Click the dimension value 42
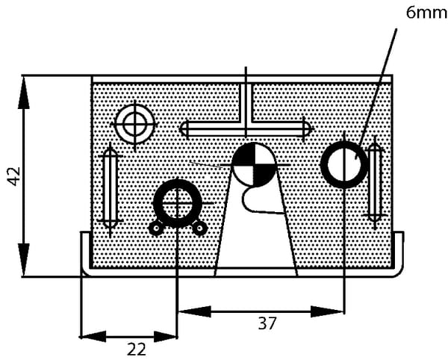click(x=14, y=176)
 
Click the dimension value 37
click(x=267, y=323)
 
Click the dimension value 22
click(x=137, y=349)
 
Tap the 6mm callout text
click(x=427, y=13)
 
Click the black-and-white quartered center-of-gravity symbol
click(x=254, y=164)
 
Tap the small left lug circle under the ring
click(x=156, y=228)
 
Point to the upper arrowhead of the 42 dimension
click(x=24, y=93)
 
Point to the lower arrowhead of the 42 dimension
click(x=24, y=260)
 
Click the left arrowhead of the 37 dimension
click(x=194, y=311)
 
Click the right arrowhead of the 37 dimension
click(x=328, y=311)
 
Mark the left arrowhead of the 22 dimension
click(x=93, y=337)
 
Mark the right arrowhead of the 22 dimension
click(x=166, y=337)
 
